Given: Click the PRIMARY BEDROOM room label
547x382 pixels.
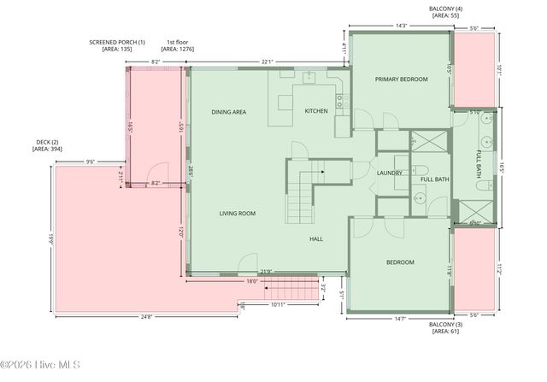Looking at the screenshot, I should click(401, 79).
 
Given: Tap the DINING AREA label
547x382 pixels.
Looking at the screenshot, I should click(229, 112).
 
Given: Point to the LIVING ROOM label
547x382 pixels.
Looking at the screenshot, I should click(237, 213).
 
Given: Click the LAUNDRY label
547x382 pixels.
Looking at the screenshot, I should click(389, 173).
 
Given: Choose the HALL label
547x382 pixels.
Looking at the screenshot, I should click(315, 239).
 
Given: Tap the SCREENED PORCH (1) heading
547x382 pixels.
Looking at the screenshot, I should click(118, 42).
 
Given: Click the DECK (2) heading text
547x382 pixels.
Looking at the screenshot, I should click(47, 142).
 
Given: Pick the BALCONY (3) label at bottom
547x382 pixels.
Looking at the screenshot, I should click(446, 324).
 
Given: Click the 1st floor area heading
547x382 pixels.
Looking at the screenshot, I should click(178, 42).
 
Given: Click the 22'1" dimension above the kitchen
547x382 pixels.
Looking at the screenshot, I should click(268, 62).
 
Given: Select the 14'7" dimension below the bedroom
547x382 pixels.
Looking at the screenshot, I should click(400, 318).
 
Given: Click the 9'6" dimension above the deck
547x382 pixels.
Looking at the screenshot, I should click(90, 162).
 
